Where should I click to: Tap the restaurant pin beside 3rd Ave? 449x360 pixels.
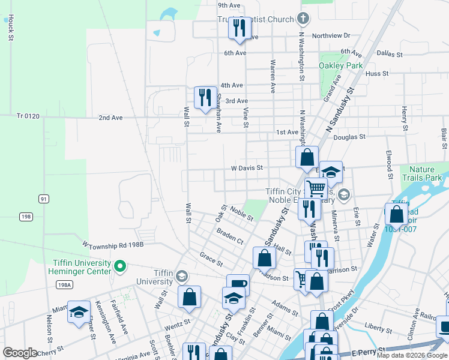(205, 98)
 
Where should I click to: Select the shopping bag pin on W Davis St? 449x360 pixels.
(307, 158)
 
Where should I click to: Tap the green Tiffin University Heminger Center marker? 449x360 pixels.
(120, 265)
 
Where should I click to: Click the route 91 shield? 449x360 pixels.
(44, 199)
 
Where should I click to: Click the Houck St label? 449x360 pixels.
(11, 28)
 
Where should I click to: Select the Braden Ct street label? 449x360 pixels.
(230, 236)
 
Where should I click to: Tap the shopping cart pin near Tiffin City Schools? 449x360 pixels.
(316, 188)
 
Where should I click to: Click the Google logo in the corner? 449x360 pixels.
(20, 353)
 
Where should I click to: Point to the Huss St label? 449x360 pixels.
(377, 74)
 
